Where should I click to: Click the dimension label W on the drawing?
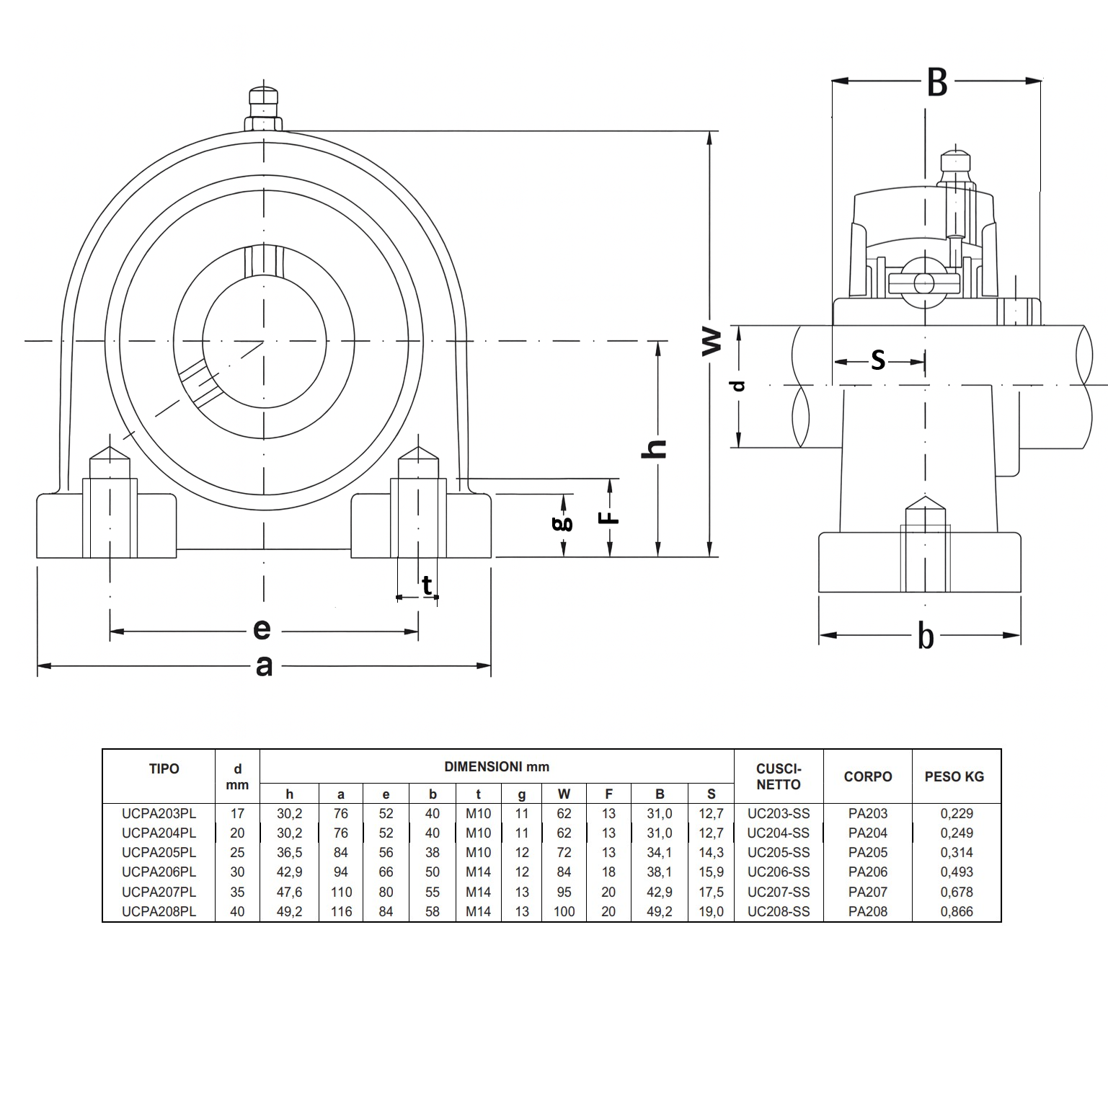(711, 341)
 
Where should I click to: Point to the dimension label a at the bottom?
(264, 666)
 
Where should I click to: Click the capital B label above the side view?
(936, 83)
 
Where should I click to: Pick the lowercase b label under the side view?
(926, 636)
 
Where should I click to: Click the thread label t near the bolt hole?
(427, 584)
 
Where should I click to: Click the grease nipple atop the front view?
(263, 110)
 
